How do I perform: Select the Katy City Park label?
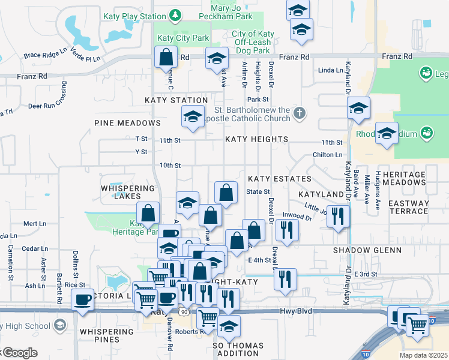pyautogui.click(x=182, y=38)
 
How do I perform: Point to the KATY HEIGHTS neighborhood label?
pyautogui.click(x=256, y=139)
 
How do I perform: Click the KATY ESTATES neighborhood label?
pyautogui.click(x=280, y=179)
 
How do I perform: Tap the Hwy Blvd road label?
pyautogui.click(x=295, y=312)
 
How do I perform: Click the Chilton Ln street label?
pyautogui.click(x=327, y=155)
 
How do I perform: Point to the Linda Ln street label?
pyautogui.click(x=330, y=70)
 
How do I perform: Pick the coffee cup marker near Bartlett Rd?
pyautogui.click(x=82, y=299)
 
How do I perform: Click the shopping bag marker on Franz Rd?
pyautogui.click(x=165, y=58)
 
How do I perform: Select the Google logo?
pyautogui.click(x=19, y=353)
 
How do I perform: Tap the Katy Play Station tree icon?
pyautogui.click(x=175, y=14)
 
